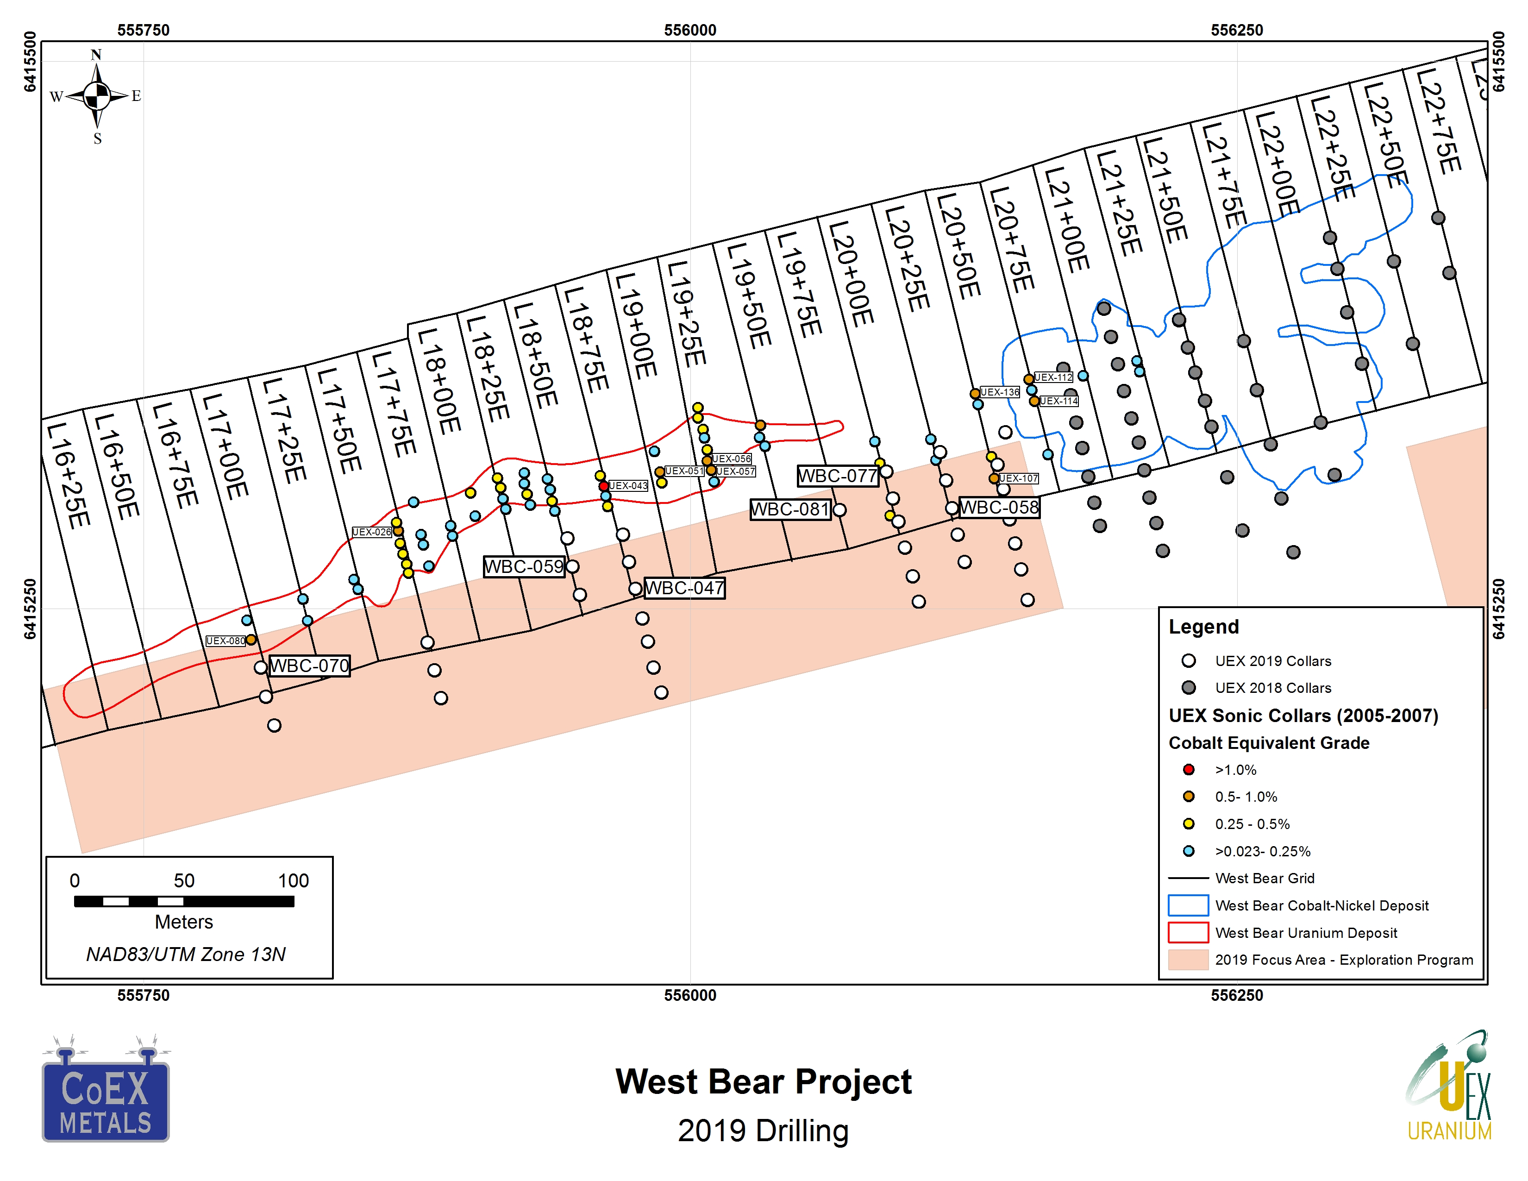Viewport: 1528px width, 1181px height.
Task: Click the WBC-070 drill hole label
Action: click(x=309, y=666)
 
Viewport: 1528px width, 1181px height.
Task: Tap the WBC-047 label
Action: click(x=684, y=588)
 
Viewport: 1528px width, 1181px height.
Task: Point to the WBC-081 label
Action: click(x=790, y=509)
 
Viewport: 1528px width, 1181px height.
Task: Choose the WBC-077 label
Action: click(x=838, y=476)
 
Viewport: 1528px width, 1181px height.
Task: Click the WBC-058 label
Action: click(x=999, y=507)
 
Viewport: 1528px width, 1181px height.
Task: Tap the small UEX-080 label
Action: click(x=225, y=641)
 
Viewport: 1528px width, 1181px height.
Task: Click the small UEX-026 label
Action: click(x=371, y=532)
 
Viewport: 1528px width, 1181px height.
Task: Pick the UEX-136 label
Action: click(x=1000, y=392)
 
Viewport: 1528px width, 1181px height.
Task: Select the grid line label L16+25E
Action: click(x=69, y=476)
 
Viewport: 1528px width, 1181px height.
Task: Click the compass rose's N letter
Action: click(x=97, y=55)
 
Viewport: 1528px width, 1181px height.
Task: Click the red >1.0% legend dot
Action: click(x=1188, y=770)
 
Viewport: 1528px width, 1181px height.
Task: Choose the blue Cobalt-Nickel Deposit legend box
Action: click(x=1188, y=905)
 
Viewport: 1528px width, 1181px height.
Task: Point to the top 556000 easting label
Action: click(x=690, y=30)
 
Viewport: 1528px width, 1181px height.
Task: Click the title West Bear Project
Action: click(x=763, y=1081)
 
